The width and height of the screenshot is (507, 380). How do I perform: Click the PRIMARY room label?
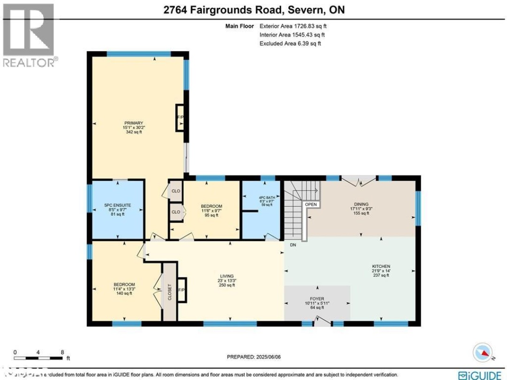(x=133, y=123)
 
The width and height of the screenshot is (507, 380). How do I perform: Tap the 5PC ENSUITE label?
(x=117, y=205)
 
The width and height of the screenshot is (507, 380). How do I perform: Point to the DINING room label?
(x=361, y=204)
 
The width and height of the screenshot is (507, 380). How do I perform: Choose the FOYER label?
(x=317, y=298)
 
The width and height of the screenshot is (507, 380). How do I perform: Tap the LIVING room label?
(x=228, y=276)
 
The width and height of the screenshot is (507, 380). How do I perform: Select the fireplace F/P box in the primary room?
(x=180, y=117)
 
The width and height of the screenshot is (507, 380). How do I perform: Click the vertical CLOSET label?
(x=169, y=292)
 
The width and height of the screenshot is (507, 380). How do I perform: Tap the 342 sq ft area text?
(x=133, y=132)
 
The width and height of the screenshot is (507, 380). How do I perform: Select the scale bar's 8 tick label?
(x=62, y=351)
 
